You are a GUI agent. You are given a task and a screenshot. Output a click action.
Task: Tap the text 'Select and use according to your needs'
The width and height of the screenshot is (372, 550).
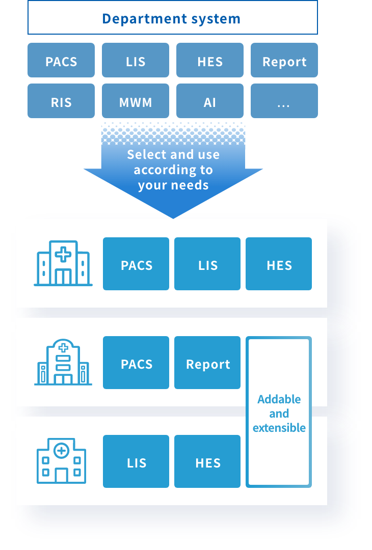(173, 170)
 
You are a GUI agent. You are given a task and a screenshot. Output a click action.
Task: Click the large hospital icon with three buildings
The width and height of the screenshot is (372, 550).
(63, 263)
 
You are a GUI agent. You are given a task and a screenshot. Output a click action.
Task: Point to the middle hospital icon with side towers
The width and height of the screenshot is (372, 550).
(63, 363)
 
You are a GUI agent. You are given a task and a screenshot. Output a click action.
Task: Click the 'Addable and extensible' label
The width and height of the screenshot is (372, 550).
(279, 414)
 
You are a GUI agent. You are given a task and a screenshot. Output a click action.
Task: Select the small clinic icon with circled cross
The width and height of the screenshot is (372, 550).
(61, 461)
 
